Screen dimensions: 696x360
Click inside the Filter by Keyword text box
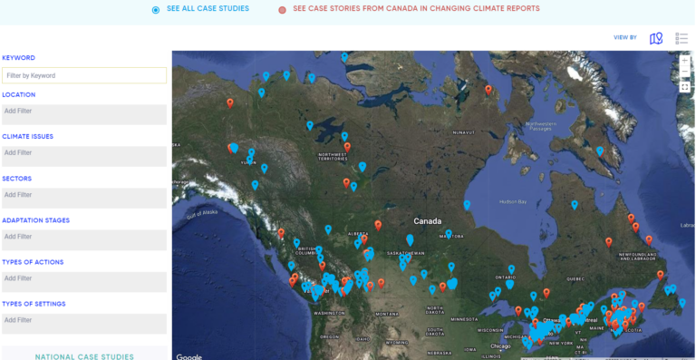coord(84,75)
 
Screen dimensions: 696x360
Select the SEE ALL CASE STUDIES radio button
coord(156,9)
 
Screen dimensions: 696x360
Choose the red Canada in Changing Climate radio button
coord(282,9)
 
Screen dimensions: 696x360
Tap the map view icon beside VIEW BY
coord(656,38)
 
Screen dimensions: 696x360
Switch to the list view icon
coord(681,38)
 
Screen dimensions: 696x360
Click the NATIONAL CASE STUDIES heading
coord(84,356)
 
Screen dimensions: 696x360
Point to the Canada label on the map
coord(428,221)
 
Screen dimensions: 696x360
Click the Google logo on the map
coord(189,356)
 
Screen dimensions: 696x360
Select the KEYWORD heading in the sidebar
coord(19,57)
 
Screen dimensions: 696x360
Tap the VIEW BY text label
coord(625,38)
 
